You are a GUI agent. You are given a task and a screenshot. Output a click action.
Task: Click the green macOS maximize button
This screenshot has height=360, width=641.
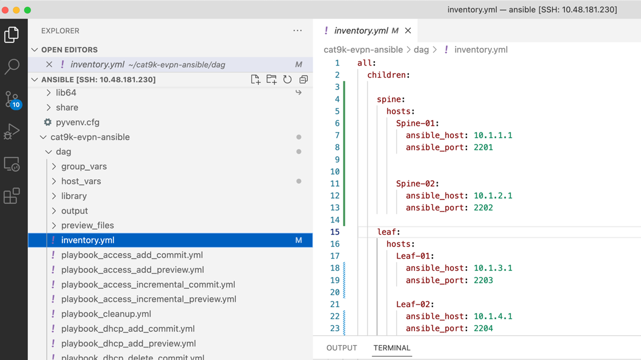27,10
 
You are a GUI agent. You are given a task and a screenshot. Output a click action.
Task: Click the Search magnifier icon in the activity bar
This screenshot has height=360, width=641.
12,66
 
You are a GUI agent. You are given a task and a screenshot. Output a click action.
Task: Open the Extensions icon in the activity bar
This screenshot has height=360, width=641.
12,196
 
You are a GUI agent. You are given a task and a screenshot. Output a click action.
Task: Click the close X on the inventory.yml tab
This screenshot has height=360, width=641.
408,31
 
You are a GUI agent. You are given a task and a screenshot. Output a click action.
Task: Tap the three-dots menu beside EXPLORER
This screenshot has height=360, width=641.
297,31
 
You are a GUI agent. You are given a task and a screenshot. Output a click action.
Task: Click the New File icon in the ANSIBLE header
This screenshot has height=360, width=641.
256,79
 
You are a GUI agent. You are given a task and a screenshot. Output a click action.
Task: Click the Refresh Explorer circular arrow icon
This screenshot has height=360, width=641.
287,79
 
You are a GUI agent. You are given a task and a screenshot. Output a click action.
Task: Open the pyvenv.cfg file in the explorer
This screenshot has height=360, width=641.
78,122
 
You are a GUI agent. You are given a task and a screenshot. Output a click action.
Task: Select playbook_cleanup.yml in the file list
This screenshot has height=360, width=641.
106,314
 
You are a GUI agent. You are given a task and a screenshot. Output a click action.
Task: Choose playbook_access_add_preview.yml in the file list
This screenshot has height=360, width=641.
132,269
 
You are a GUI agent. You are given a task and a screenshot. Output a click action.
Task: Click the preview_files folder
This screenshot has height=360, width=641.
87,225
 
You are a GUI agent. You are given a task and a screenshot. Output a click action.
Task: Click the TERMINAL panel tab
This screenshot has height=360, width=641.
392,348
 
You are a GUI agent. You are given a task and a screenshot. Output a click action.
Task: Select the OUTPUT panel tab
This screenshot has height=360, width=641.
342,348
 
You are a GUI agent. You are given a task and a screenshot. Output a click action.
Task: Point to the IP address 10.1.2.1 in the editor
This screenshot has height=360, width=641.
493,196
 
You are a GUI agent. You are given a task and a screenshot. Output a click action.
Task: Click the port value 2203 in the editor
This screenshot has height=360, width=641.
483,280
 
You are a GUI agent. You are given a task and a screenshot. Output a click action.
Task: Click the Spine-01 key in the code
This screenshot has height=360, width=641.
416,123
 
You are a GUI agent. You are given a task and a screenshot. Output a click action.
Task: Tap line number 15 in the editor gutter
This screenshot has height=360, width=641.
335,232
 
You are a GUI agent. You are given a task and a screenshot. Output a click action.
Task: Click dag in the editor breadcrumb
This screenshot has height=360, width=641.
421,50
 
